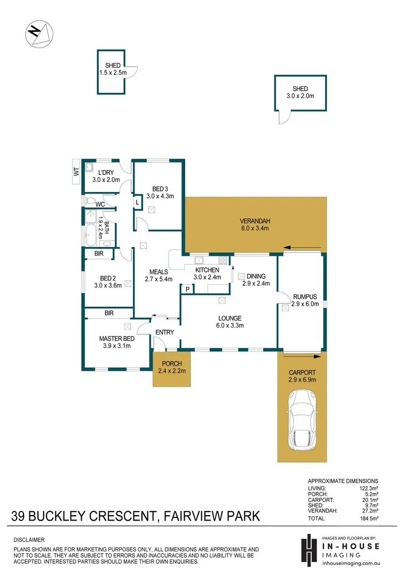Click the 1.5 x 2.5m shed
click(111, 72)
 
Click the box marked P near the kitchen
click(187, 289)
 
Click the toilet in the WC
click(88, 201)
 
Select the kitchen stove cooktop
click(223, 260)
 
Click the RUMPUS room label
click(304, 297)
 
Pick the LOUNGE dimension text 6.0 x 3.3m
click(229, 325)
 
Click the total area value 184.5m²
click(368, 518)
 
